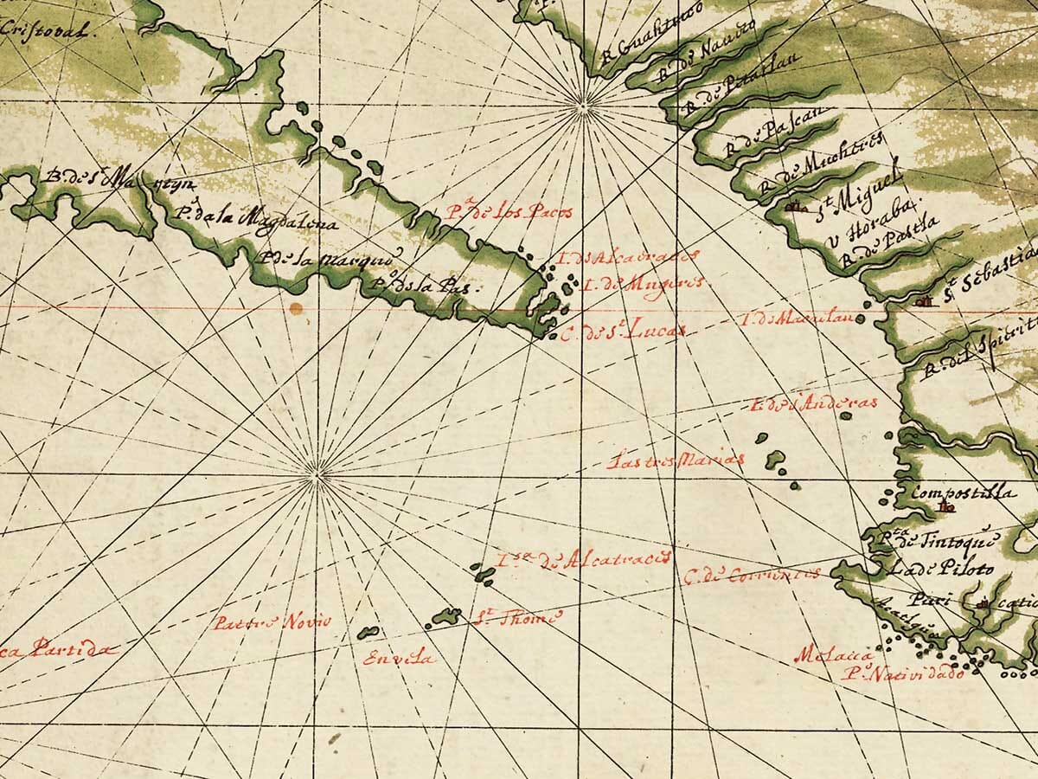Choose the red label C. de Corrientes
[x=751, y=574]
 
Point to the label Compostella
[x=960, y=493]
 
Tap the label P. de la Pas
[x=424, y=286]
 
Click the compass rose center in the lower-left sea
[x=316, y=473]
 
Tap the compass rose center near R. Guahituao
[x=583, y=107]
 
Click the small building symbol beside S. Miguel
[x=794, y=208]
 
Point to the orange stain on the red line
[x=297, y=308]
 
